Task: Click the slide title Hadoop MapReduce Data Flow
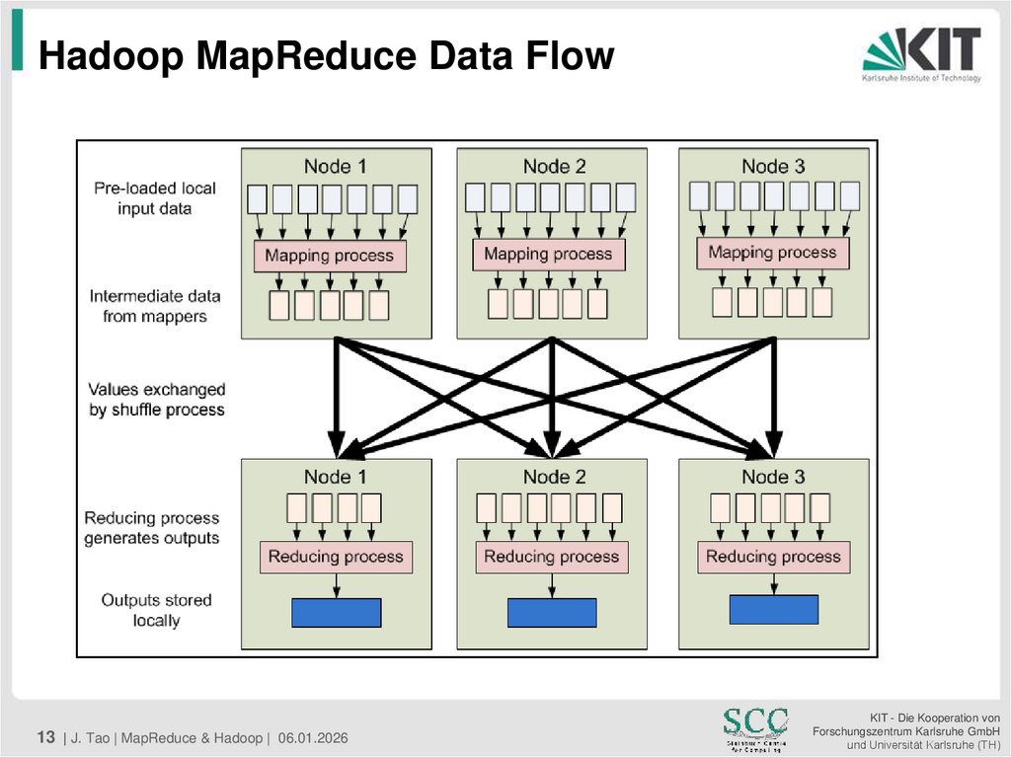click(326, 56)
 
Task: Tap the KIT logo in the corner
click(922, 54)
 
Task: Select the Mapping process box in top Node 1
click(330, 257)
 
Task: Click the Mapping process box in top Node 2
click(549, 255)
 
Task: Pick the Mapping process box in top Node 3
click(773, 253)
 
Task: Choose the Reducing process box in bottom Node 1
click(336, 557)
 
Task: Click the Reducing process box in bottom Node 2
click(552, 557)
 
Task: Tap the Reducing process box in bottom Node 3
click(773, 557)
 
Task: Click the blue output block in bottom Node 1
click(336, 613)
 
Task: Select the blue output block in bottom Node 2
click(552, 613)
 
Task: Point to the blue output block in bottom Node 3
click(773, 609)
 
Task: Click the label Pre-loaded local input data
click(155, 198)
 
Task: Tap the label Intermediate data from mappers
click(155, 306)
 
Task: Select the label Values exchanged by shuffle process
click(157, 400)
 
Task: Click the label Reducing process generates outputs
click(152, 528)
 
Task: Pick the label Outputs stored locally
click(156, 610)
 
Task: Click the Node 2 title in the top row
click(554, 167)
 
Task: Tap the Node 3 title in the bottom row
click(773, 477)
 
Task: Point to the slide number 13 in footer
click(45, 737)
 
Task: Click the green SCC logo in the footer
click(755, 726)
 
